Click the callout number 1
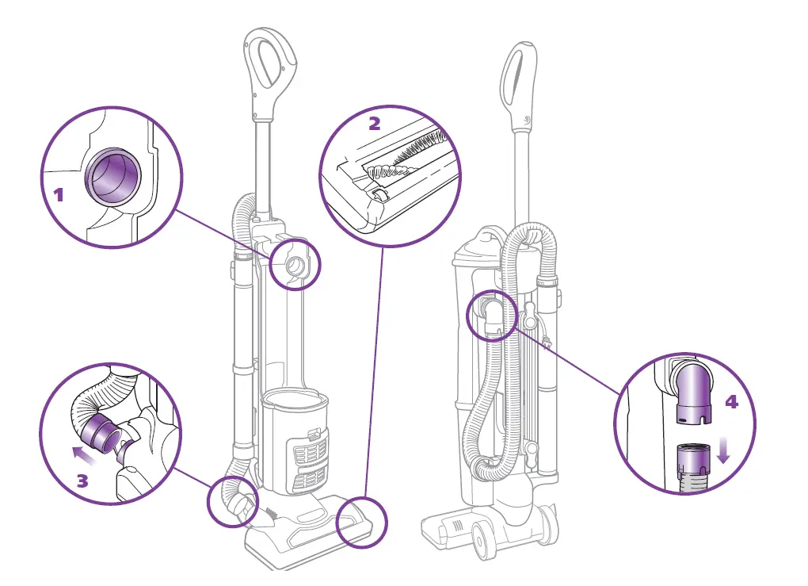click(x=58, y=194)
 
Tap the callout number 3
click(x=82, y=481)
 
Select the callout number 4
click(x=731, y=402)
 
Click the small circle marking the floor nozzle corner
click(x=362, y=523)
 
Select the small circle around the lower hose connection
click(x=234, y=503)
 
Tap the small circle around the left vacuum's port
click(x=295, y=266)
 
